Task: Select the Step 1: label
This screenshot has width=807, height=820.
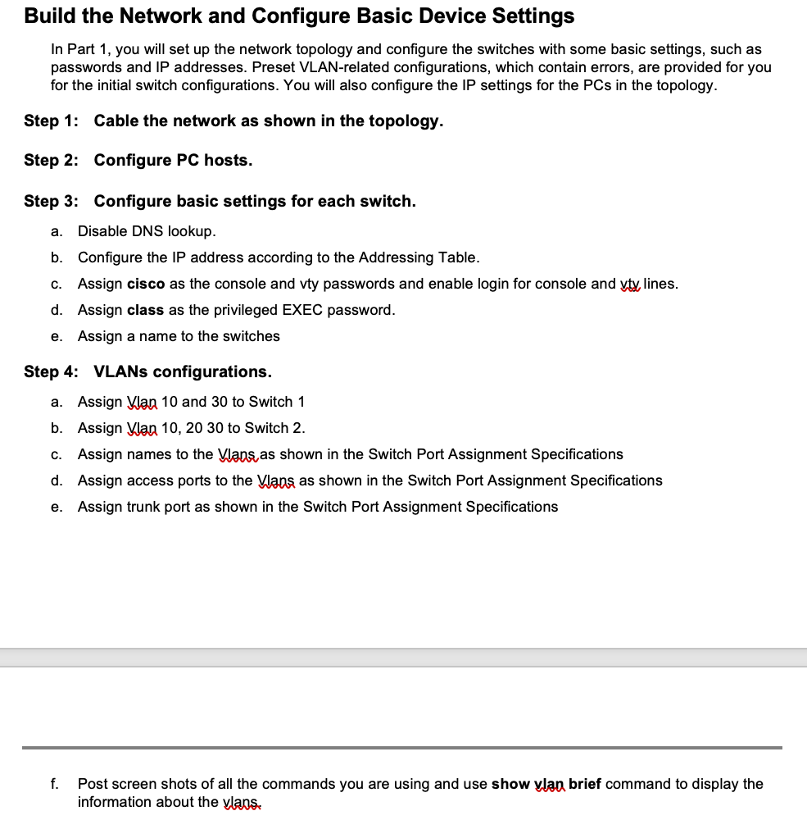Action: tap(52, 121)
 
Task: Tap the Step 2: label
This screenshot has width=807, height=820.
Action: tap(52, 160)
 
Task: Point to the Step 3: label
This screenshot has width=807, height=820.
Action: tap(52, 201)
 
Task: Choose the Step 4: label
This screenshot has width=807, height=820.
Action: tap(52, 371)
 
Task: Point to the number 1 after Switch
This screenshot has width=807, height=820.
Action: tap(301, 402)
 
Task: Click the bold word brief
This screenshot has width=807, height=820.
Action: tap(585, 784)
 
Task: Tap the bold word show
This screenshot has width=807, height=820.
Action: tap(510, 784)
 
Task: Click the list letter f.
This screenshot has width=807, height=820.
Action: tap(54, 784)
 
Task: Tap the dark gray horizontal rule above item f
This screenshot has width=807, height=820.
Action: tap(401, 747)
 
